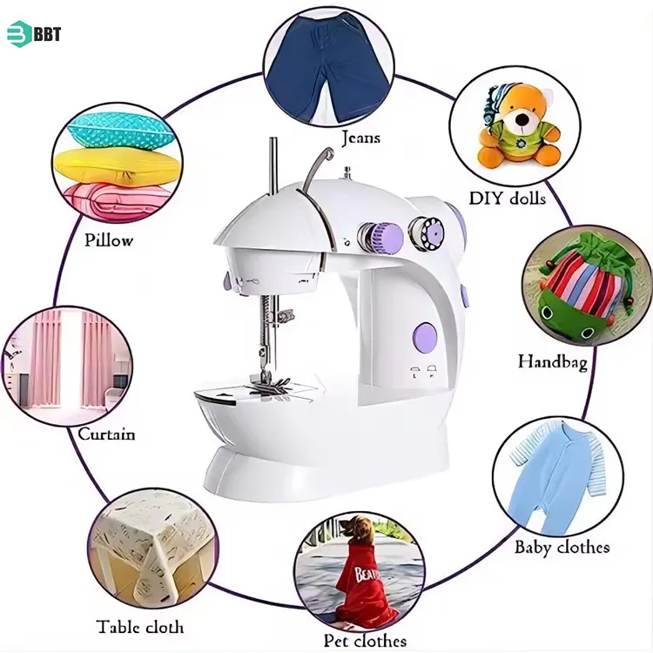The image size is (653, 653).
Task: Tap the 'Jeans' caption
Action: pos(360,138)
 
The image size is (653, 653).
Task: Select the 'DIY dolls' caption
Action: pos(508,199)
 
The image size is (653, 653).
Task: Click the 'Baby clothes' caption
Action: pos(562,547)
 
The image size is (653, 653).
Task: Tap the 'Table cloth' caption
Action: pos(140,626)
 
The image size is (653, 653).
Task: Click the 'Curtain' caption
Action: pos(106,433)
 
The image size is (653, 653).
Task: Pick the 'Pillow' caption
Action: pos(109,239)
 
